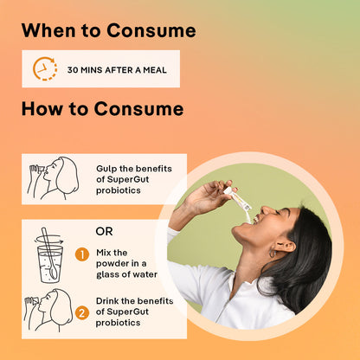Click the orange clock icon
[x=44, y=68]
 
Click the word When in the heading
[x=48, y=30]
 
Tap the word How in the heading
[x=42, y=109]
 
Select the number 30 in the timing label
[x=73, y=70]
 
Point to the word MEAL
[x=155, y=70]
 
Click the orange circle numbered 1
[x=82, y=255]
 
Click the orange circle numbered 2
[x=82, y=313]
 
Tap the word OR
[x=104, y=231]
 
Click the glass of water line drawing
[x=49, y=255]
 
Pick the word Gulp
[x=106, y=169]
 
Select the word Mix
[x=103, y=253]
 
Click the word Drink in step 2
[x=107, y=301]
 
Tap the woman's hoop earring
[x=273, y=254]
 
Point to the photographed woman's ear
[x=285, y=247]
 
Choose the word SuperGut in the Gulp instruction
[x=128, y=180]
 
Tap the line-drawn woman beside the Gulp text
[x=54, y=178]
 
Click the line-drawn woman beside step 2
[x=48, y=310]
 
